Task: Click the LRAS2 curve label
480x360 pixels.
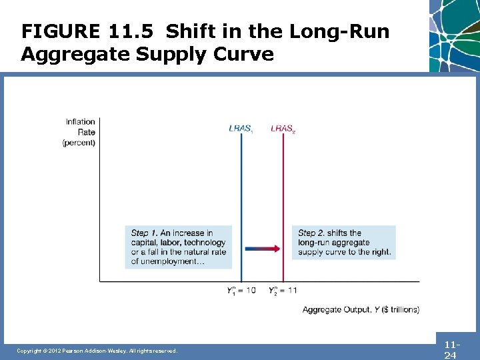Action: [x=283, y=129]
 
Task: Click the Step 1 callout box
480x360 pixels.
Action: [x=179, y=247]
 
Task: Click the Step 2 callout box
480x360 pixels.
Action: [x=344, y=243]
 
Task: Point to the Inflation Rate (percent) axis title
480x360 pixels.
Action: [x=80, y=132]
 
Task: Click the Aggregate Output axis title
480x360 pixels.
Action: [x=361, y=309]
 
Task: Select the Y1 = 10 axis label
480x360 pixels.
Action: [x=241, y=291]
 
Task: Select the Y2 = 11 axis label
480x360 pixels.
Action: [x=283, y=291]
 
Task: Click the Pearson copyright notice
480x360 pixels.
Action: [x=97, y=351]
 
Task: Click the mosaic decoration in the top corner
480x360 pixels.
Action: [x=455, y=33]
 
